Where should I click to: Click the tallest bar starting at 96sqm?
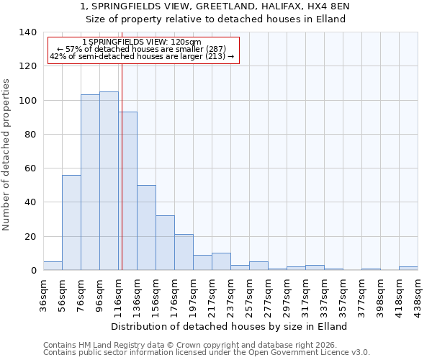click(109, 181)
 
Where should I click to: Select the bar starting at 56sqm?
click(71, 222)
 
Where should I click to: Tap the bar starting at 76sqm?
click(90, 182)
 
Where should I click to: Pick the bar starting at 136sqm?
click(146, 228)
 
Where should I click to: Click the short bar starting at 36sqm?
click(53, 266)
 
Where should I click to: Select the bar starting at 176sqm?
click(184, 252)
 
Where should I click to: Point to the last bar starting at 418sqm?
click(408, 268)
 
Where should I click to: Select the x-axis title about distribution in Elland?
click(230, 326)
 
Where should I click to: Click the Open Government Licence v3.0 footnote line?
click(207, 353)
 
